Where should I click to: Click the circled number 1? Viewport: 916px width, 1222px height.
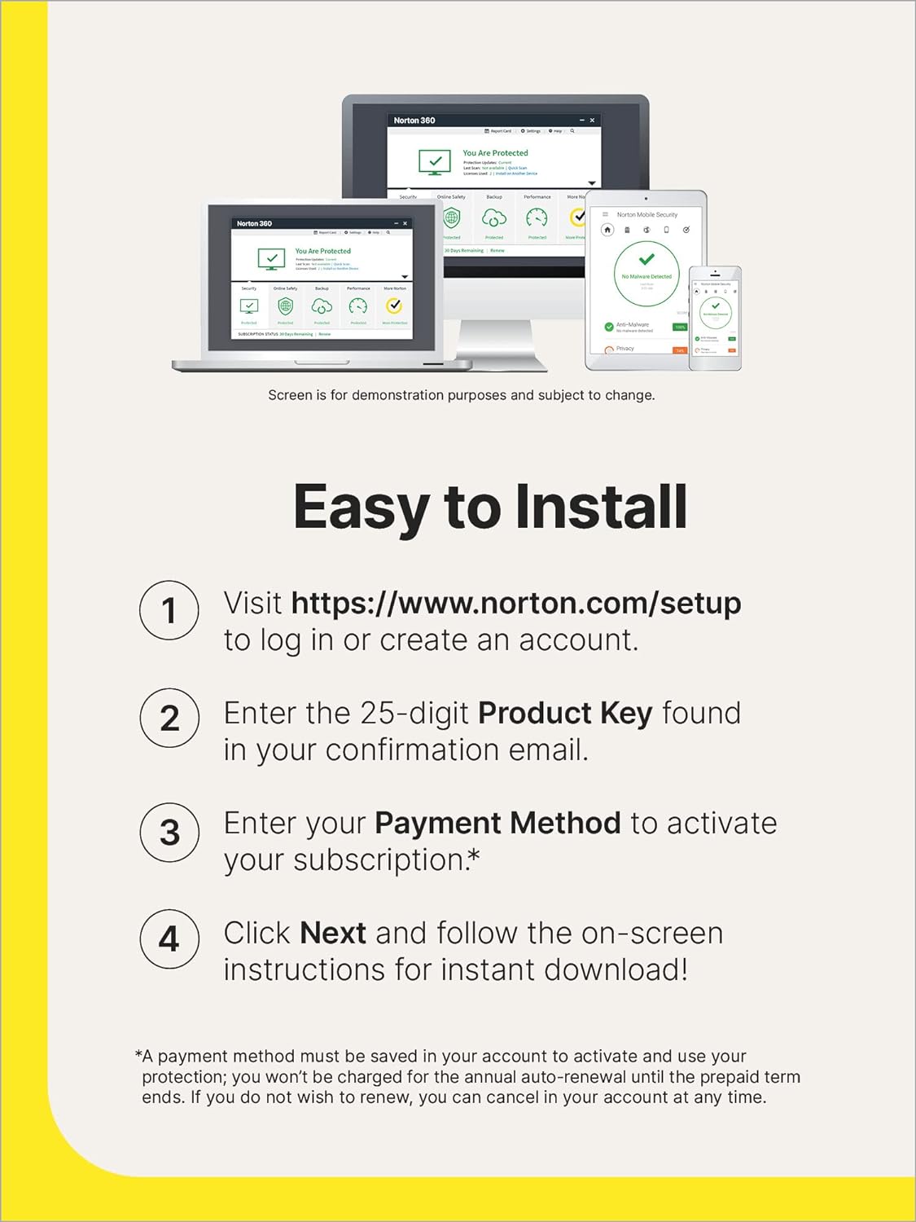[x=169, y=610]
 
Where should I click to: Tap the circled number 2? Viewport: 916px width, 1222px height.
[x=169, y=718]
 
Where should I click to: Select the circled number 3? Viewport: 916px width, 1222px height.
[x=169, y=832]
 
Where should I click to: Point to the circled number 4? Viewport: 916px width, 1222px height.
[x=169, y=938]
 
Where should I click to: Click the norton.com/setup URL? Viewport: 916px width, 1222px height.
[x=515, y=604]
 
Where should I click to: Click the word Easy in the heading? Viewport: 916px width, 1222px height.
[x=361, y=508]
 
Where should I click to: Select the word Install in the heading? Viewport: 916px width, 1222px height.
[x=602, y=507]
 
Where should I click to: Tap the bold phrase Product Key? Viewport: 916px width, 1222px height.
[x=564, y=714]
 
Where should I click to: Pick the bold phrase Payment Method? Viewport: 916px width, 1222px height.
[x=497, y=824]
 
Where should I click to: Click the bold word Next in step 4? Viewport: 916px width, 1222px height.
[x=333, y=934]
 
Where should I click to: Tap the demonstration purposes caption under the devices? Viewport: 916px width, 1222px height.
[x=461, y=395]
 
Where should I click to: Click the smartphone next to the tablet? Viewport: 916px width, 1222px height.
[x=715, y=319]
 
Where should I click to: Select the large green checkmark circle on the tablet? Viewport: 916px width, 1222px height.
[x=646, y=266]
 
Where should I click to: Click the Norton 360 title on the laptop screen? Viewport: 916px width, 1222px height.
[x=254, y=223]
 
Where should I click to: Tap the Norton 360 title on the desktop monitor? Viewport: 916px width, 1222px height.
[x=414, y=121]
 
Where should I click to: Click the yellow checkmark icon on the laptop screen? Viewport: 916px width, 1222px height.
[x=394, y=306]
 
